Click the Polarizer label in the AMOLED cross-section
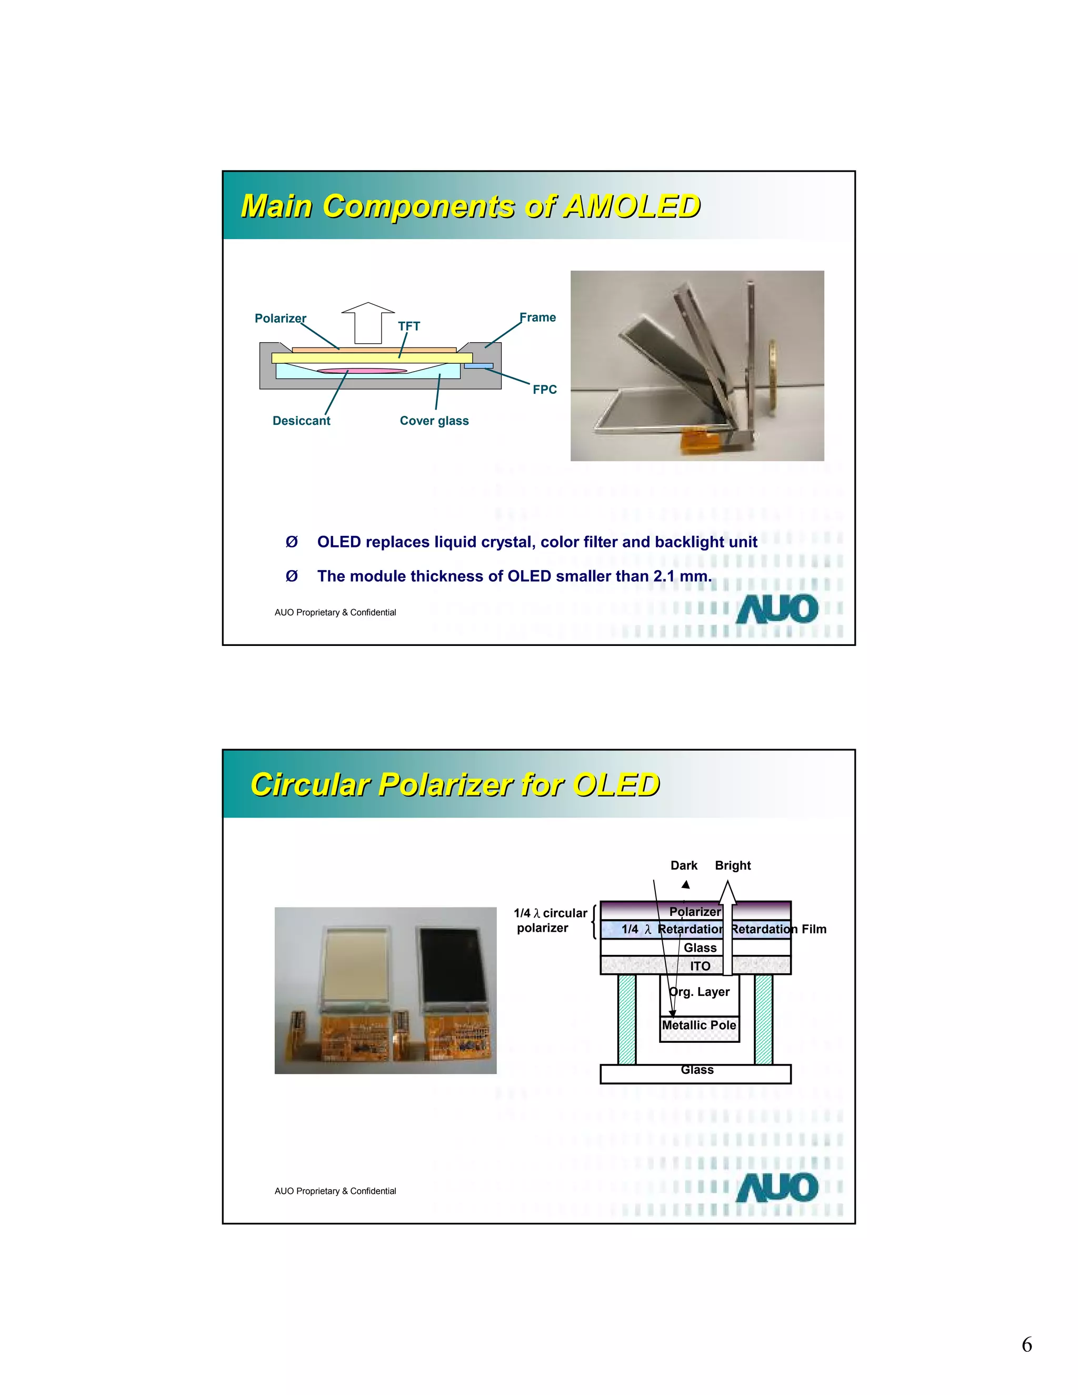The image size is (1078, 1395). [281, 318]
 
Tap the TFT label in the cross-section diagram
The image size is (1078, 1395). [408, 326]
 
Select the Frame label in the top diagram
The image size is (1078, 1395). [538, 317]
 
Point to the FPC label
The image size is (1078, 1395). [545, 390]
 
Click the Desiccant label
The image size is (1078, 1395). [302, 421]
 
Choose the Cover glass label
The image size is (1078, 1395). [434, 421]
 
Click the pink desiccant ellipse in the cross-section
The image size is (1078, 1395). [362, 371]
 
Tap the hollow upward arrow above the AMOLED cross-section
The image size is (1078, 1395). [368, 322]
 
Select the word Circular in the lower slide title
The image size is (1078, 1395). [311, 785]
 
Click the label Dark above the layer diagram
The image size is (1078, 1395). [683, 865]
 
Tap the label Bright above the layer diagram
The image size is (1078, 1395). [733, 865]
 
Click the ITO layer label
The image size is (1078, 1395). [700, 966]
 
